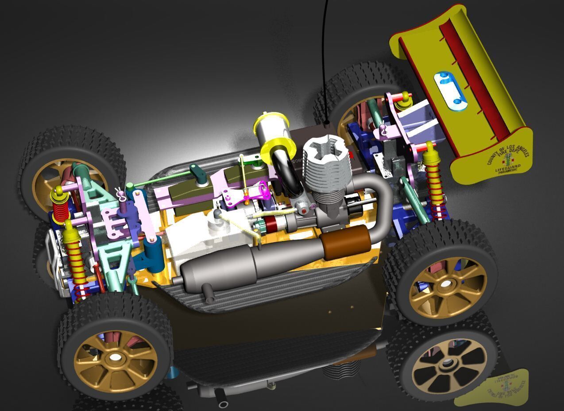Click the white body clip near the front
coord(119,192)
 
